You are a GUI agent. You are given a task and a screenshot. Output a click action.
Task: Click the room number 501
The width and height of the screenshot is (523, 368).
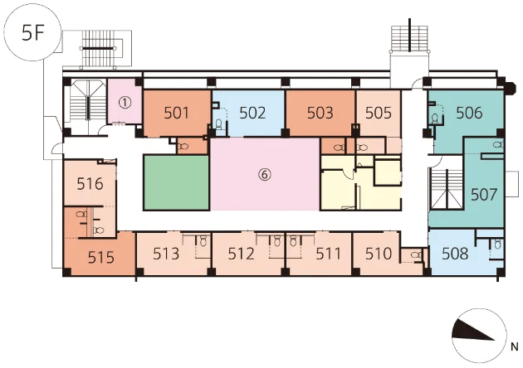point(177,113)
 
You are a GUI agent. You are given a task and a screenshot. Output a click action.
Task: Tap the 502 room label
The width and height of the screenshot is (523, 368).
point(252,113)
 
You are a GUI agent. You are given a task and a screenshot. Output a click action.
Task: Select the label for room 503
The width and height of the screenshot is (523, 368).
point(320,113)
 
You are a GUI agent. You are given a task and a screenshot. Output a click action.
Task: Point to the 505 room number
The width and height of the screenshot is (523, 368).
point(379,113)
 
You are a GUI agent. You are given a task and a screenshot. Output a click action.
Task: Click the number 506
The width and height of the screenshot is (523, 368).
point(469,113)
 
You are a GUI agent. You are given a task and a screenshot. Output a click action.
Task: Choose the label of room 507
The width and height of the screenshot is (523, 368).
point(484,195)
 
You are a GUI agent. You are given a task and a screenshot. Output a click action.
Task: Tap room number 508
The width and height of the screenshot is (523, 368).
point(455,254)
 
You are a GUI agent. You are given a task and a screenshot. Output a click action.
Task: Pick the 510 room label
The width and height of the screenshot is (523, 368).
point(379,254)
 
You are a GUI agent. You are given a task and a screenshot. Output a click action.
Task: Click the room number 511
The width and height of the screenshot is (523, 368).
point(329,254)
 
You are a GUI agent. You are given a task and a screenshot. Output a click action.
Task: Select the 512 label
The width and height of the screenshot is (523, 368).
point(241,254)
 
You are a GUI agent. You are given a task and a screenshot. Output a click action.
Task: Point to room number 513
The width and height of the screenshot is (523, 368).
point(166,254)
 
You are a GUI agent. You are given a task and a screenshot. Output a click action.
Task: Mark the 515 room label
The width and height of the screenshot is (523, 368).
point(101,258)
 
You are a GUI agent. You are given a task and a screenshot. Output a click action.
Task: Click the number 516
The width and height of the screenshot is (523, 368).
point(90,183)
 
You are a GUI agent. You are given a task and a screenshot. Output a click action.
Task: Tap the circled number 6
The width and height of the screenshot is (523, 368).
point(265,175)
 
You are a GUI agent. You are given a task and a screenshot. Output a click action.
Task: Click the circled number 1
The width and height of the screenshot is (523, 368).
point(125,103)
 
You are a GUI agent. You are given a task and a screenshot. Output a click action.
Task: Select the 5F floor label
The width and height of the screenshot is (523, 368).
point(33,33)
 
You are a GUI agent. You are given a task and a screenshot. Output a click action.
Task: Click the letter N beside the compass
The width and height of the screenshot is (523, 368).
point(515,347)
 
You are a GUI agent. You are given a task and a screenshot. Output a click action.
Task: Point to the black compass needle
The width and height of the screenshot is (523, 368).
point(473,331)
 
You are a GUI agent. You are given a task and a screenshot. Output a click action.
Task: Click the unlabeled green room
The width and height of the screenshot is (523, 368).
point(177,182)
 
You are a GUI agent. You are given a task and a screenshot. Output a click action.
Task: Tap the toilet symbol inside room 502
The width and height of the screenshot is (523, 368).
point(219,124)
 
